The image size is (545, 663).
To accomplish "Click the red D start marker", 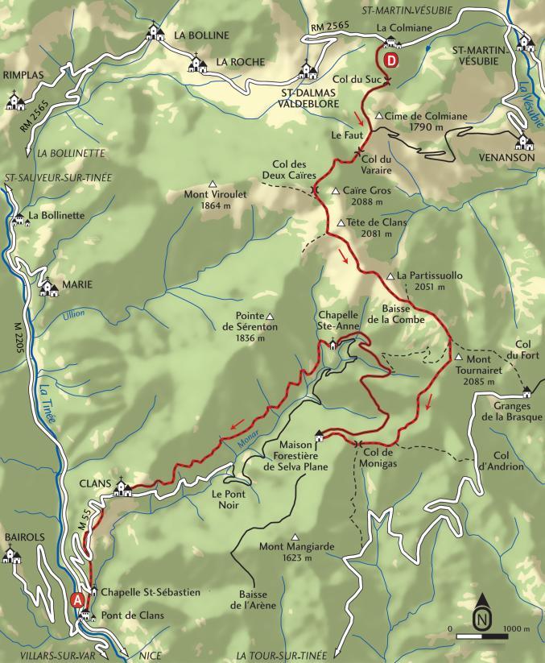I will pos(390,61).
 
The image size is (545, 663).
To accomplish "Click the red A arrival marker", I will pos(77,599).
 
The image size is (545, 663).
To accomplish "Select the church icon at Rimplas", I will pos(14,101).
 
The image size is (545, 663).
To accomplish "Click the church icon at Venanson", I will pos(525,141).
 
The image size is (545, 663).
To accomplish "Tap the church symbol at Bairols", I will pos(11,553).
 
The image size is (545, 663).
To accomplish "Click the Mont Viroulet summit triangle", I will pos(213,183).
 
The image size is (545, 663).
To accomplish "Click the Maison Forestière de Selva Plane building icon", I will pos(320,436).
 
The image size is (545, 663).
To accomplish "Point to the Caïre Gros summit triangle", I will pos(336,191).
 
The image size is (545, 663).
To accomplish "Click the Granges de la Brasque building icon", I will pos(526,392).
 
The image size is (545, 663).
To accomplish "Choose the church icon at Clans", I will pos(123,487).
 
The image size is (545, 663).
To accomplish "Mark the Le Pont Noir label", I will pos(228,499).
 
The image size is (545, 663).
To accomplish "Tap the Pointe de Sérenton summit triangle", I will pos(270,316).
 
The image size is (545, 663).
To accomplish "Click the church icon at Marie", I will pos(48,286).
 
